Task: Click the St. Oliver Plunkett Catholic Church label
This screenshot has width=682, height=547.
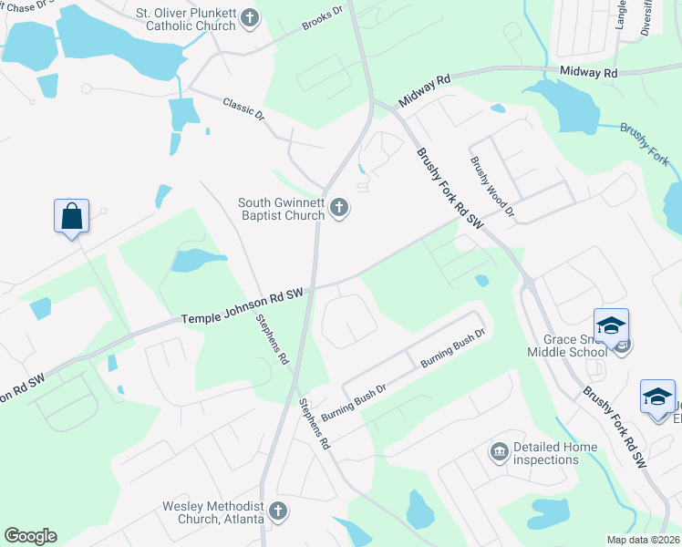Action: click(x=185, y=19)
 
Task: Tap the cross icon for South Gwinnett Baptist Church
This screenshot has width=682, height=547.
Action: click(x=338, y=209)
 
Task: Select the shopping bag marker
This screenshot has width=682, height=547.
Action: click(x=71, y=217)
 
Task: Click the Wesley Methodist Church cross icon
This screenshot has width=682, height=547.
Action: click(x=278, y=511)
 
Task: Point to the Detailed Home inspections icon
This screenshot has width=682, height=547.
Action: click(x=499, y=451)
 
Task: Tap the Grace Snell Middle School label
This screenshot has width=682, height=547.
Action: click(x=566, y=345)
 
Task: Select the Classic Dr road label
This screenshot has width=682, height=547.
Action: click(x=243, y=110)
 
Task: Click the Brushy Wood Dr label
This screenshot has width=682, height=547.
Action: click(x=492, y=186)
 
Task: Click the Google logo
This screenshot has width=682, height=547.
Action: click(x=30, y=535)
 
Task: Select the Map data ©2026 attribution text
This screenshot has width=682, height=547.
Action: click(x=643, y=540)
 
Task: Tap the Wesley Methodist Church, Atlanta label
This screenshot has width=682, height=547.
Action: click(x=213, y=512)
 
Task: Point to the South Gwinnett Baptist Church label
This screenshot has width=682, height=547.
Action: click(x=281, y=209)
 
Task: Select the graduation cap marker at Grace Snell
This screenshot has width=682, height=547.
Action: click(x=611, y=325)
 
